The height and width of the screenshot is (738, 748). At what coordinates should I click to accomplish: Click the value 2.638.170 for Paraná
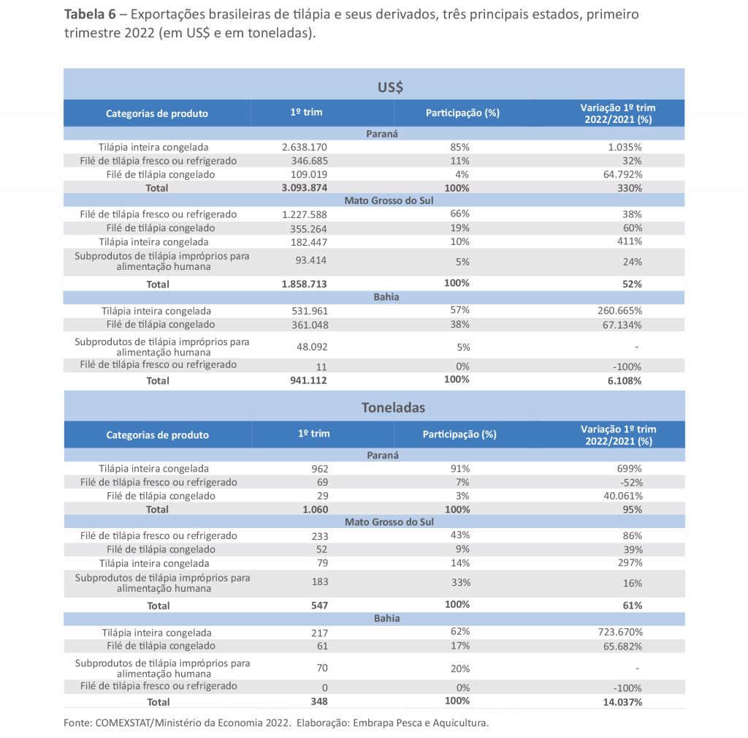coord(305,147)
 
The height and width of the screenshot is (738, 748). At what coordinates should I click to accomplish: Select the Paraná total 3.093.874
coord(305,188)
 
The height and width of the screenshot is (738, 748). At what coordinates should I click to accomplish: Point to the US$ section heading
coord(391,88)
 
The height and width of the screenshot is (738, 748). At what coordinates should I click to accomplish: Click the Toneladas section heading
coord(393,408)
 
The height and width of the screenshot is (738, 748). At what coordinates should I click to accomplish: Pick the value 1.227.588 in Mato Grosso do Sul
coord(305,215)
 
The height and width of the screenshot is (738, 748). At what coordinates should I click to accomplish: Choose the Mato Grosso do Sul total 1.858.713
coord(305,284)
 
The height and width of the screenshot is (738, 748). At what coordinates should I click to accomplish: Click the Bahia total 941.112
coord(309,380)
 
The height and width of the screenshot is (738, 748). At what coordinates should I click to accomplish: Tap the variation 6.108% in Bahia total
coord(626,381)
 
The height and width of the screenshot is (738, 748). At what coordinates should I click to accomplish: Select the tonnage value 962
coord(320,469)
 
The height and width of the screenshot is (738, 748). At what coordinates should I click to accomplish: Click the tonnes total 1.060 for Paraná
coord(315,510)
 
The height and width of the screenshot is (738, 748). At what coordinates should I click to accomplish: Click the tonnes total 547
coord(319,606)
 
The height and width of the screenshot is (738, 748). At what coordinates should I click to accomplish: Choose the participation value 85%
coord(460,147)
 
